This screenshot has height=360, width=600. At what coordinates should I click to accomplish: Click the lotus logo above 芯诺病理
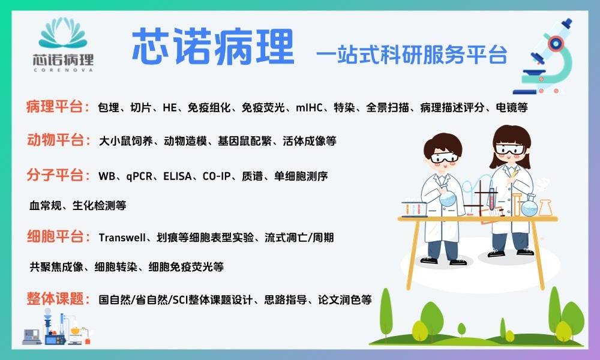click(63, 33)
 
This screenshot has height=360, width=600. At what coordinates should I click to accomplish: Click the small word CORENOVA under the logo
click(63, 70)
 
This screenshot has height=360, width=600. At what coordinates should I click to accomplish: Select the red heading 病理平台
click(55, 107)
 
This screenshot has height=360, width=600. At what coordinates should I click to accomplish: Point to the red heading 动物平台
click(55, 140)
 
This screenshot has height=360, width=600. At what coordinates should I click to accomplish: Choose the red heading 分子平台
click(55, 175)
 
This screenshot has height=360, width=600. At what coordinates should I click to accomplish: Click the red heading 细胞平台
click(55, 236)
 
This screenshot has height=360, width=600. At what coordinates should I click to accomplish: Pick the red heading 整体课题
click(55, 298)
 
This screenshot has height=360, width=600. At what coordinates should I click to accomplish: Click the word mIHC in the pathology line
click(309, 107)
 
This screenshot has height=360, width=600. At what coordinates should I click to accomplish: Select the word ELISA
click(178, 176)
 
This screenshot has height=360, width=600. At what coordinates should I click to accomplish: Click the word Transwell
click(122, 238)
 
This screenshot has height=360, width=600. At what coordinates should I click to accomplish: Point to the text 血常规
click(45, 205)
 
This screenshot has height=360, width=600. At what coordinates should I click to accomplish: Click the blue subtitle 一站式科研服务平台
click(412, 55)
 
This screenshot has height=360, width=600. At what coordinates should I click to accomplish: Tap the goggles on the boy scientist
click(444, 157)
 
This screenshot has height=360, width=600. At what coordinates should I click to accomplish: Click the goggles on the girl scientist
click(509, 149)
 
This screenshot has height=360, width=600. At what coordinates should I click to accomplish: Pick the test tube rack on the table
click(415, 209)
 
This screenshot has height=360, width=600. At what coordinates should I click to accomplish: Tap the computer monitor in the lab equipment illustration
click(32, 336)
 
